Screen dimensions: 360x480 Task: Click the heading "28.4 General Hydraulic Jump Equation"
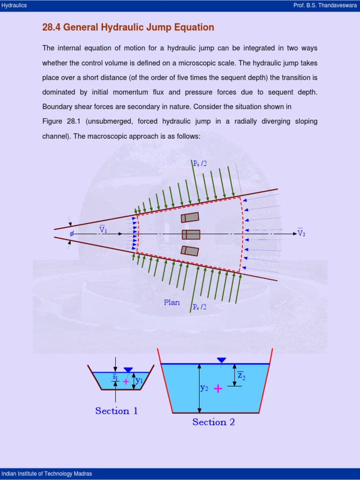[x=128, y=27]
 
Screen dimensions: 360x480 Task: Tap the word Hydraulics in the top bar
[x=14, y=5]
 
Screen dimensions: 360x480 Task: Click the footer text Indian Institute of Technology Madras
[x=46, y=473]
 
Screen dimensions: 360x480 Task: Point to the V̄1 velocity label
[x=103, y=230]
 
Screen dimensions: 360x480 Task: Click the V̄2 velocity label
[x=301, y=232]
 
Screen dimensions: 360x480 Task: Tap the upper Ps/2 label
[x=200, y=163]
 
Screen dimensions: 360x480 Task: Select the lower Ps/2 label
[x=199, y=307]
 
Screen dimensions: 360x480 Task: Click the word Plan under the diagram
[x=172, y=302]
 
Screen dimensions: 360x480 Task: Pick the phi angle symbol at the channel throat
[x=72, y=233]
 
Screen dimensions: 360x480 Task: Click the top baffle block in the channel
[x=190, y=217]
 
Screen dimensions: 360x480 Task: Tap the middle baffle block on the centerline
[x=191, y=234]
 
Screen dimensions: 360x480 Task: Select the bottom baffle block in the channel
[x=190, y=250]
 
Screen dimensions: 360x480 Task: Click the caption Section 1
[x=116, y=411]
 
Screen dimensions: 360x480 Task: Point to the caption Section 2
[x=213, y=422]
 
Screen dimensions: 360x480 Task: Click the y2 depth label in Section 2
[x=204, y=388]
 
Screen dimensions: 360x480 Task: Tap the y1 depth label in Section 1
[x=139, y=380]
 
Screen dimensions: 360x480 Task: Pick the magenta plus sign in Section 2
[x=218, y=388]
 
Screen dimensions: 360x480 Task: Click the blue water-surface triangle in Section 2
[x=221, y=360]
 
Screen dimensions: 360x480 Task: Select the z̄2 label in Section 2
[x=241, y=375]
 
